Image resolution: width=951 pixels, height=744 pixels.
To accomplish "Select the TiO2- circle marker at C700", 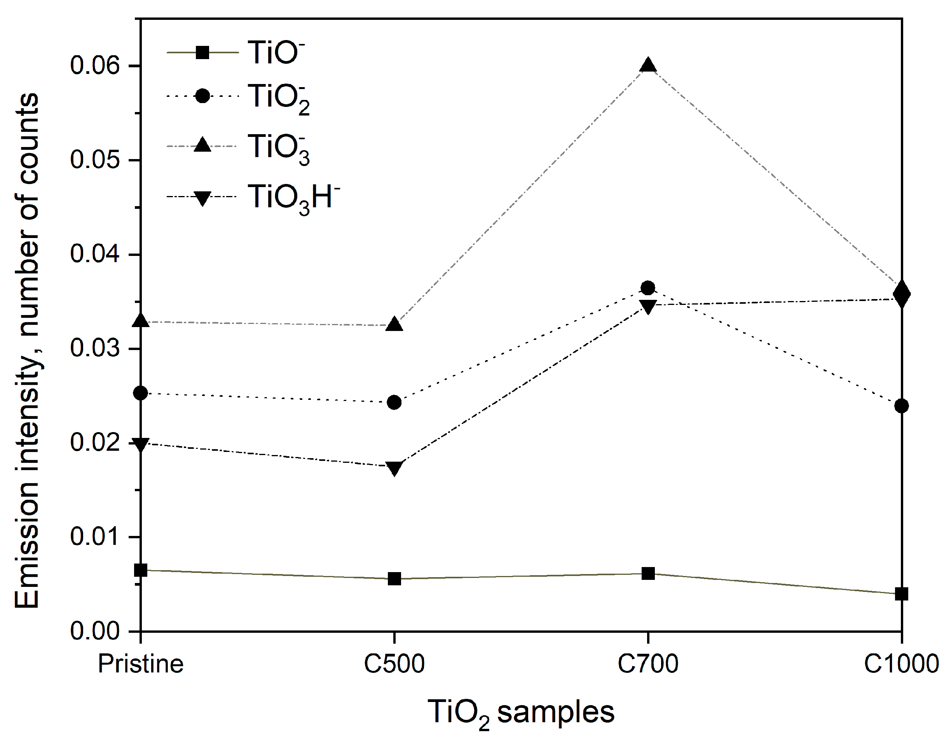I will tap(648, 288).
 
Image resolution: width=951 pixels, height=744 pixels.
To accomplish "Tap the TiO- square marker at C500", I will tap(394, 579).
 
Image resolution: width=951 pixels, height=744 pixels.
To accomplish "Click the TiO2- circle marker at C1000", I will tap(901, 406).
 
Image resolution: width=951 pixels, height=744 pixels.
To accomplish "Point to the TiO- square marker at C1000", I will tap(901, 593).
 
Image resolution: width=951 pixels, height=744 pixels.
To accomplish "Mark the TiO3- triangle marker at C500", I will tap(394, 324).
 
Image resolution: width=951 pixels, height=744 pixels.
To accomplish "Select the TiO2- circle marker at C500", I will tap(394, 402).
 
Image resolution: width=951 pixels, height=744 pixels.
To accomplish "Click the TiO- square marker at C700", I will tap(648, 573).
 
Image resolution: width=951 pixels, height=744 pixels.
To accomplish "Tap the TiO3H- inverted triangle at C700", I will tap(648, 306).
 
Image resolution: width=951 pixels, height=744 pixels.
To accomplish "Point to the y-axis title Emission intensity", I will tap(27, 351).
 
